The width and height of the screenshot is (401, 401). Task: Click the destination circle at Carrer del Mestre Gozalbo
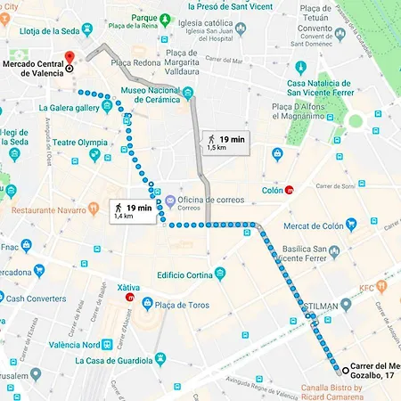339,369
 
